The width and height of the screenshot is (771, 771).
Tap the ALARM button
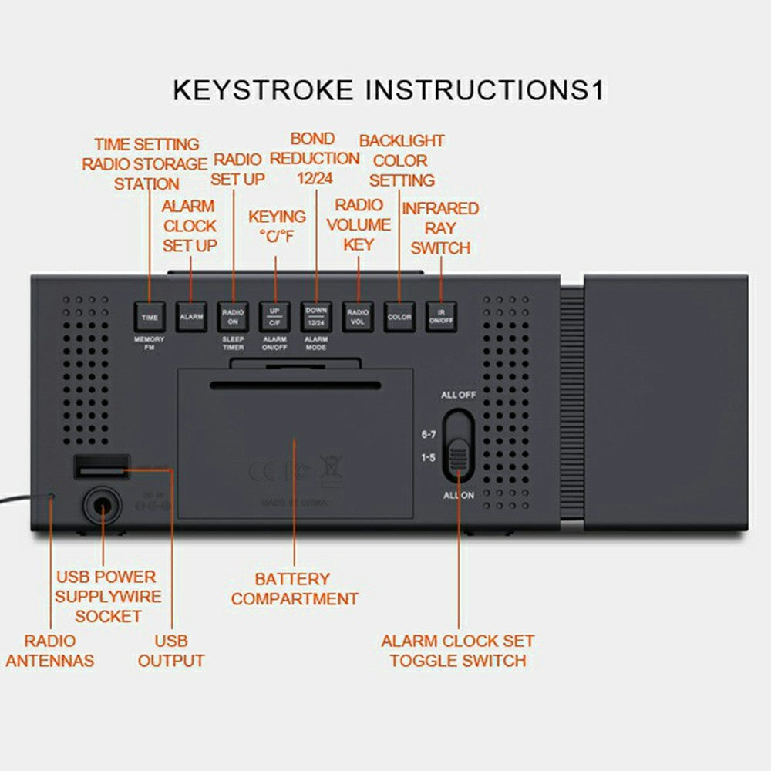[190, 317]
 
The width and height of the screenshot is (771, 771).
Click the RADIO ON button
[233, 317]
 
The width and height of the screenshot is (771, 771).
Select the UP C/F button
[274, 317]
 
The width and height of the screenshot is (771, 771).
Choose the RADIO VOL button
[358, 317]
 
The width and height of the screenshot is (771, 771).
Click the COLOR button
[399, 317]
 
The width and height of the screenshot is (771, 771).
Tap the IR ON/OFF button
[441, 317]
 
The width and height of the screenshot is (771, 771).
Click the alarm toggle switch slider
[459, 455]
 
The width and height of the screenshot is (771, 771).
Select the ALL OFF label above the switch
[458, 395]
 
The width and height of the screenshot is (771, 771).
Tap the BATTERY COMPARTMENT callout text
[295, 588]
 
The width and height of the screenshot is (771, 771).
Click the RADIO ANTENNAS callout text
[49, 650]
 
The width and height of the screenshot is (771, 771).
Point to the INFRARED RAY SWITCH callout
[440, 228]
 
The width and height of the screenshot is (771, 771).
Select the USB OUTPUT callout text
[171, 650]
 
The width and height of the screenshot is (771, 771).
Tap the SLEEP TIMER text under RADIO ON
[233, 343]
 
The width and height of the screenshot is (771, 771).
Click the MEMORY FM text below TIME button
[149, 343]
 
